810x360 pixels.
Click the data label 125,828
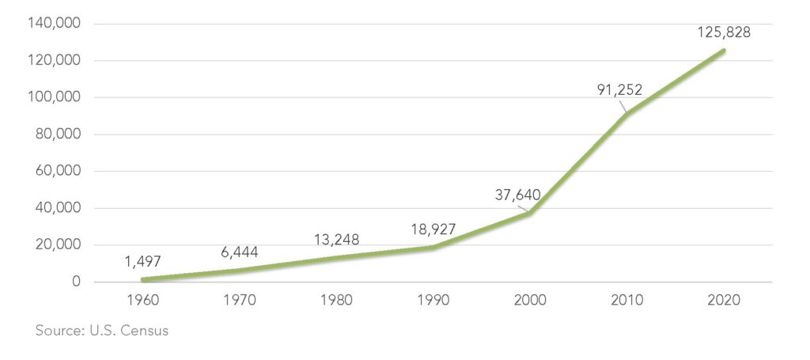(x=723, y=32)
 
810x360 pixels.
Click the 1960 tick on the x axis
(x=142, y=301)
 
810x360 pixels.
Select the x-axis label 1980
(x=335, y=301)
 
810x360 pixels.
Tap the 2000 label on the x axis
(x=529, y=301)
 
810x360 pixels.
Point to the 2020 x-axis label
(x=723, y=301)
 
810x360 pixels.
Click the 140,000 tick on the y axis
(x=54, y=24)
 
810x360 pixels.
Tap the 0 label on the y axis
(x=75, y=282)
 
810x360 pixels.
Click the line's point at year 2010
(x=626, y=114)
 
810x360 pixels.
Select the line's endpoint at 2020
(x=723, y=51)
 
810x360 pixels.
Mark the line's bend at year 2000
(x=529, y=213)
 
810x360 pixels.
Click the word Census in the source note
(x=146, y=331)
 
